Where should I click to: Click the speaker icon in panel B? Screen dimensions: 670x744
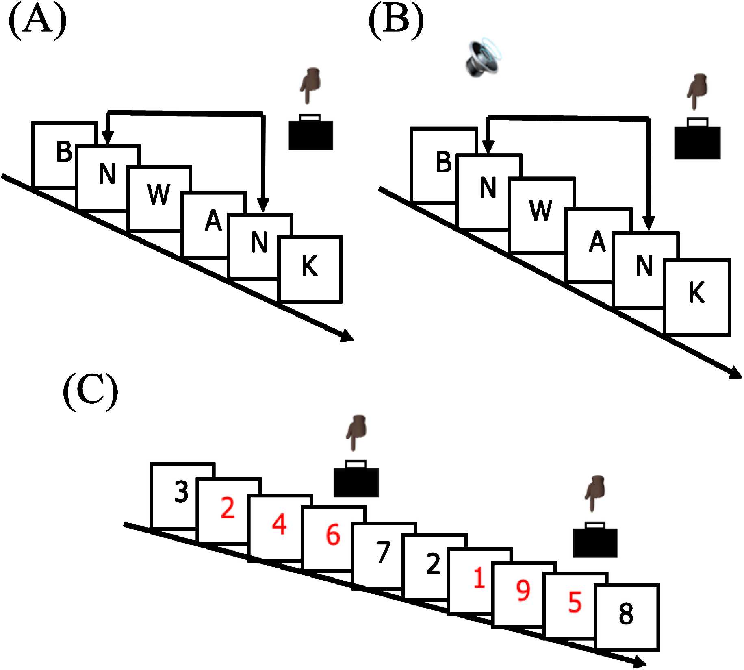coord(484,59)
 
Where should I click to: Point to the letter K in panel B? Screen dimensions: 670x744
coord(696,293)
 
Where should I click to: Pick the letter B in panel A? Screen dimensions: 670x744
coord(64,152)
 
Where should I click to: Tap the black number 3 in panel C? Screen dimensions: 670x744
coord(181,491)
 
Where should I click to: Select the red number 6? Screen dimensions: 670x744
coord(333,535)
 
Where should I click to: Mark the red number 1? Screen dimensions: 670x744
coord(479,579)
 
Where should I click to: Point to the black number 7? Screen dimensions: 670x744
coord(383,553)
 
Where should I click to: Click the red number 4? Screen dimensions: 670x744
coord(279,524)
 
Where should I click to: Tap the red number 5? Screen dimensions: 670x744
coord(575,602)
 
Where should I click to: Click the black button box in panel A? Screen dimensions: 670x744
coord(310,134)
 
